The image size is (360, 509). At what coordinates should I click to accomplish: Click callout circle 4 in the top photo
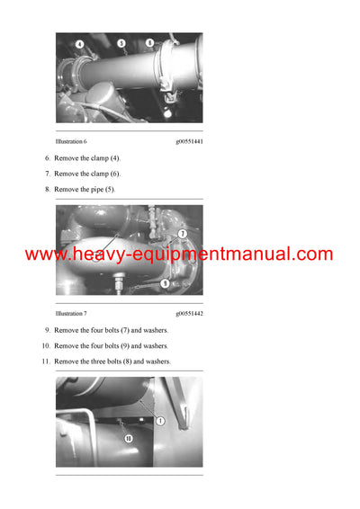79,44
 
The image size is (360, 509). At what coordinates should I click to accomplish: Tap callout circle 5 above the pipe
121,42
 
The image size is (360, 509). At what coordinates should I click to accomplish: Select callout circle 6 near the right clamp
149,42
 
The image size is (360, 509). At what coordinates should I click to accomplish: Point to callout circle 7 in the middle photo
182,234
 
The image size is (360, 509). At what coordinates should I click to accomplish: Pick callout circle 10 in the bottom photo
128,438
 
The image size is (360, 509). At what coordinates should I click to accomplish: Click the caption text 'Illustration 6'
71,141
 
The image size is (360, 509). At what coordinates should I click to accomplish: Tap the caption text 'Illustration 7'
71,313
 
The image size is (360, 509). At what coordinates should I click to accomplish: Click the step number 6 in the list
47,157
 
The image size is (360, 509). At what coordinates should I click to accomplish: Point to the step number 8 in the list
47,190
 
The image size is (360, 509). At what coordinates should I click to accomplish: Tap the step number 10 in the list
45,345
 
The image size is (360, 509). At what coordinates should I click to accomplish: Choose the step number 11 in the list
45,362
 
